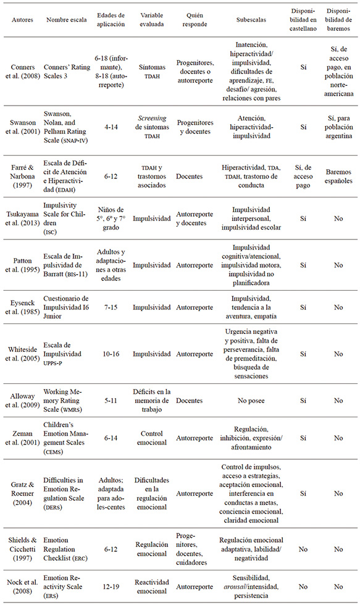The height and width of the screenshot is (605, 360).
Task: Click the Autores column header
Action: point(23,19)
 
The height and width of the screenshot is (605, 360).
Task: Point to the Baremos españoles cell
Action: point(339,176)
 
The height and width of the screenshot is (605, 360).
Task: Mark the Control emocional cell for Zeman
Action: point(152,438)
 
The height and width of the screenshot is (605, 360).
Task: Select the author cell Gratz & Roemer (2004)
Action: point(23,494)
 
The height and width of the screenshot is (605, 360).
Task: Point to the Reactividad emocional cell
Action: point(152,584)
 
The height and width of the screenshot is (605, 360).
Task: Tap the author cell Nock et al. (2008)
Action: point(23,584)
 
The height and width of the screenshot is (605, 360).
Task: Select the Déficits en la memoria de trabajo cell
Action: point(152,400)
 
